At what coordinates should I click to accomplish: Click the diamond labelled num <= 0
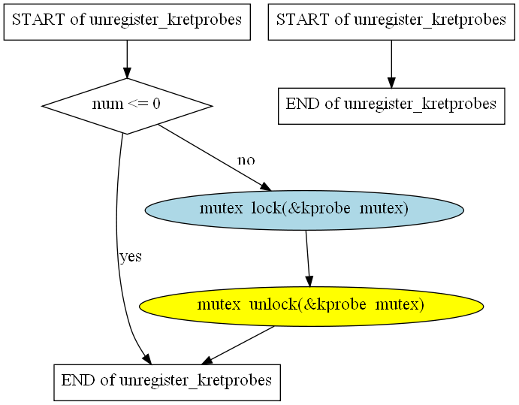tap(127, 106)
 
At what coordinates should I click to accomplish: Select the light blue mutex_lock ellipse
tap(304, 210)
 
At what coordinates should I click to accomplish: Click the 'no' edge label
tap(246, 161)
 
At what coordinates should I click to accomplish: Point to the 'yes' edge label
tap(131, 257)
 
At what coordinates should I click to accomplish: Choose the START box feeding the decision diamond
tap(127, 23)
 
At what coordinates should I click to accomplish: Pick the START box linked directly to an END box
tap(391, 23)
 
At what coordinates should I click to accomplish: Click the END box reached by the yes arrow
tap(167, 382)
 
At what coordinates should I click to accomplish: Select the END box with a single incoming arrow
tap(391, 106)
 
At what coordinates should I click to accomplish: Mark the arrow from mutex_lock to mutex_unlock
tap(307, 258)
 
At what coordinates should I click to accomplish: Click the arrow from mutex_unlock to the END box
tap(237, 346)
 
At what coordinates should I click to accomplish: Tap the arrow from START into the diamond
tap(127, 59)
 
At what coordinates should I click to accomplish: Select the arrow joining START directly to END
tap(391, 64)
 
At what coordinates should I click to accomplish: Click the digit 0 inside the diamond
tap(156, 104)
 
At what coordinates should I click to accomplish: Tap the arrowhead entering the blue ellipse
tap(266, 187)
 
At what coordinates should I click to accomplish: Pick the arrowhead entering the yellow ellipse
tap(309, 282)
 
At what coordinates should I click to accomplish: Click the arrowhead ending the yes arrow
tap(147, 359)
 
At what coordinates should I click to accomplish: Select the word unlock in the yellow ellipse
tap(273, 304)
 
